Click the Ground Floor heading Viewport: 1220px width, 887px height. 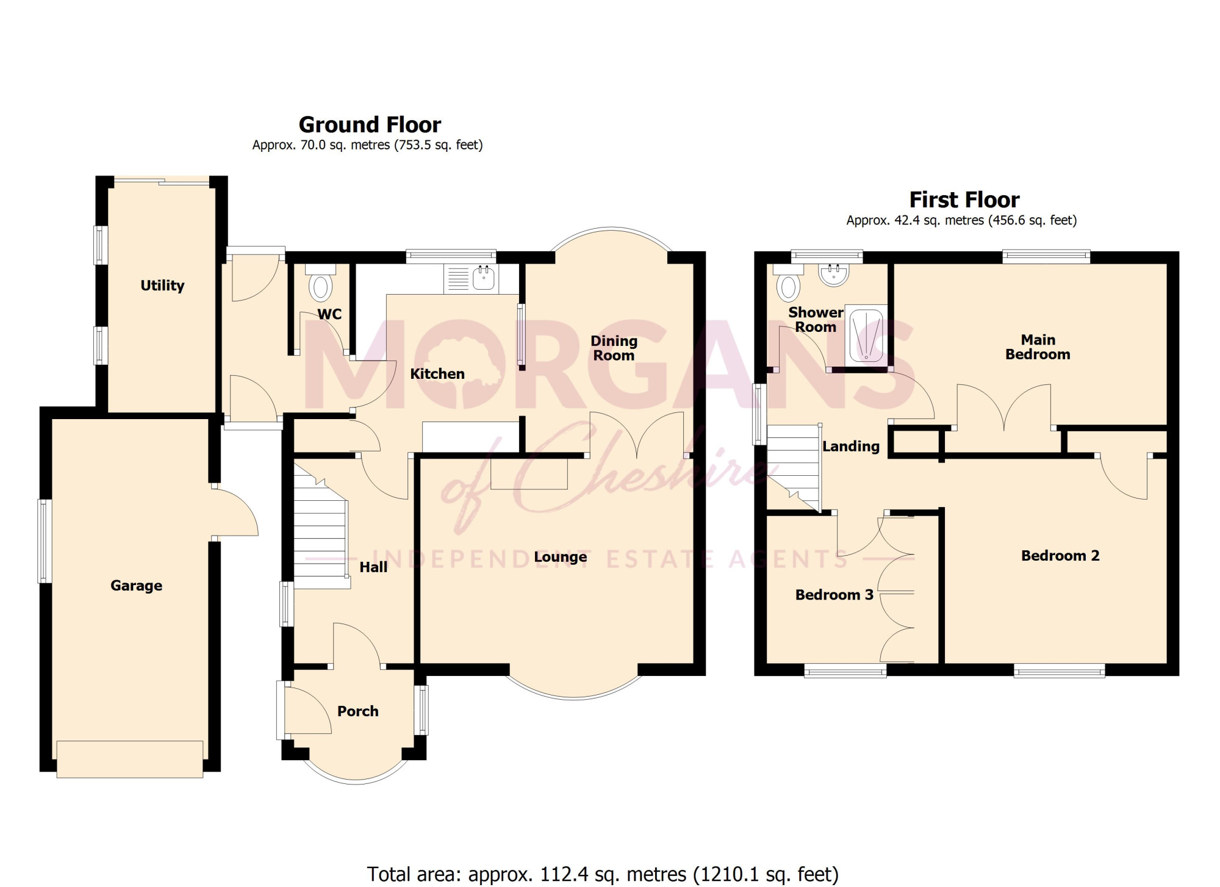(x=370, y=125)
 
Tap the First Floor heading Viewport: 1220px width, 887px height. (x=964, y=200)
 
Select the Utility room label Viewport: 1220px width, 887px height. (x=162, y=285)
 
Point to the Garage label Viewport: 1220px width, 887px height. (x=136, y=586)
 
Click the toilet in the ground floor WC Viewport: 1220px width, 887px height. (x=321, y=283)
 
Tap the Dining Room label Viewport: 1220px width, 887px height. (x=614, y=348)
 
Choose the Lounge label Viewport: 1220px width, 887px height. (x=560, y=557)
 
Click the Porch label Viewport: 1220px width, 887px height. (x=357, y=711)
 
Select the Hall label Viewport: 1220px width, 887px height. (x=373, y=567)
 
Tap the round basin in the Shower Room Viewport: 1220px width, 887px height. (x=834, y=275)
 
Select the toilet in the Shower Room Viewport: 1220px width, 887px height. (x=789, y=281)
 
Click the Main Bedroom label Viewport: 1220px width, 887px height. (x=1038, y=347)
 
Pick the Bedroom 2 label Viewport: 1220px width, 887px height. (x=1060, y=556)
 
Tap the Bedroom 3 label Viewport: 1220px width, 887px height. (x=834, y=595)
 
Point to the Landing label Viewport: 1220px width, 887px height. (x=850, y=447)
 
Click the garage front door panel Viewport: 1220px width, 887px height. (x=130, y=760)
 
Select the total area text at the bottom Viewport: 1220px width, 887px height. (x=603, y=874)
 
